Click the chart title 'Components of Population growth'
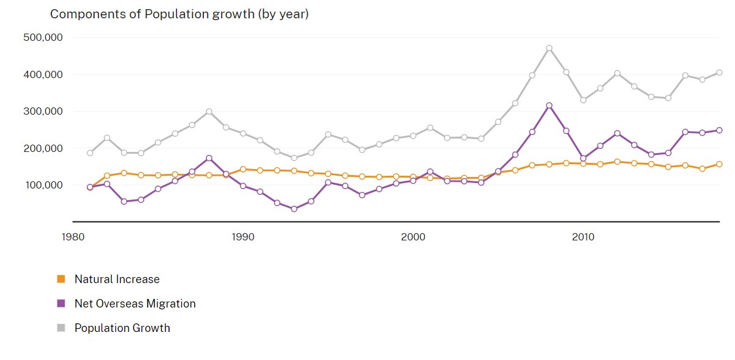179,14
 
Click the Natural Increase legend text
117,279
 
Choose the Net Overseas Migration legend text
135,303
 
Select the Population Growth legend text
122,328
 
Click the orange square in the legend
60,279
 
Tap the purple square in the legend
60,303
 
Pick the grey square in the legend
60,328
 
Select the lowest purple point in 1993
294,209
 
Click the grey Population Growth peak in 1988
209,112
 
